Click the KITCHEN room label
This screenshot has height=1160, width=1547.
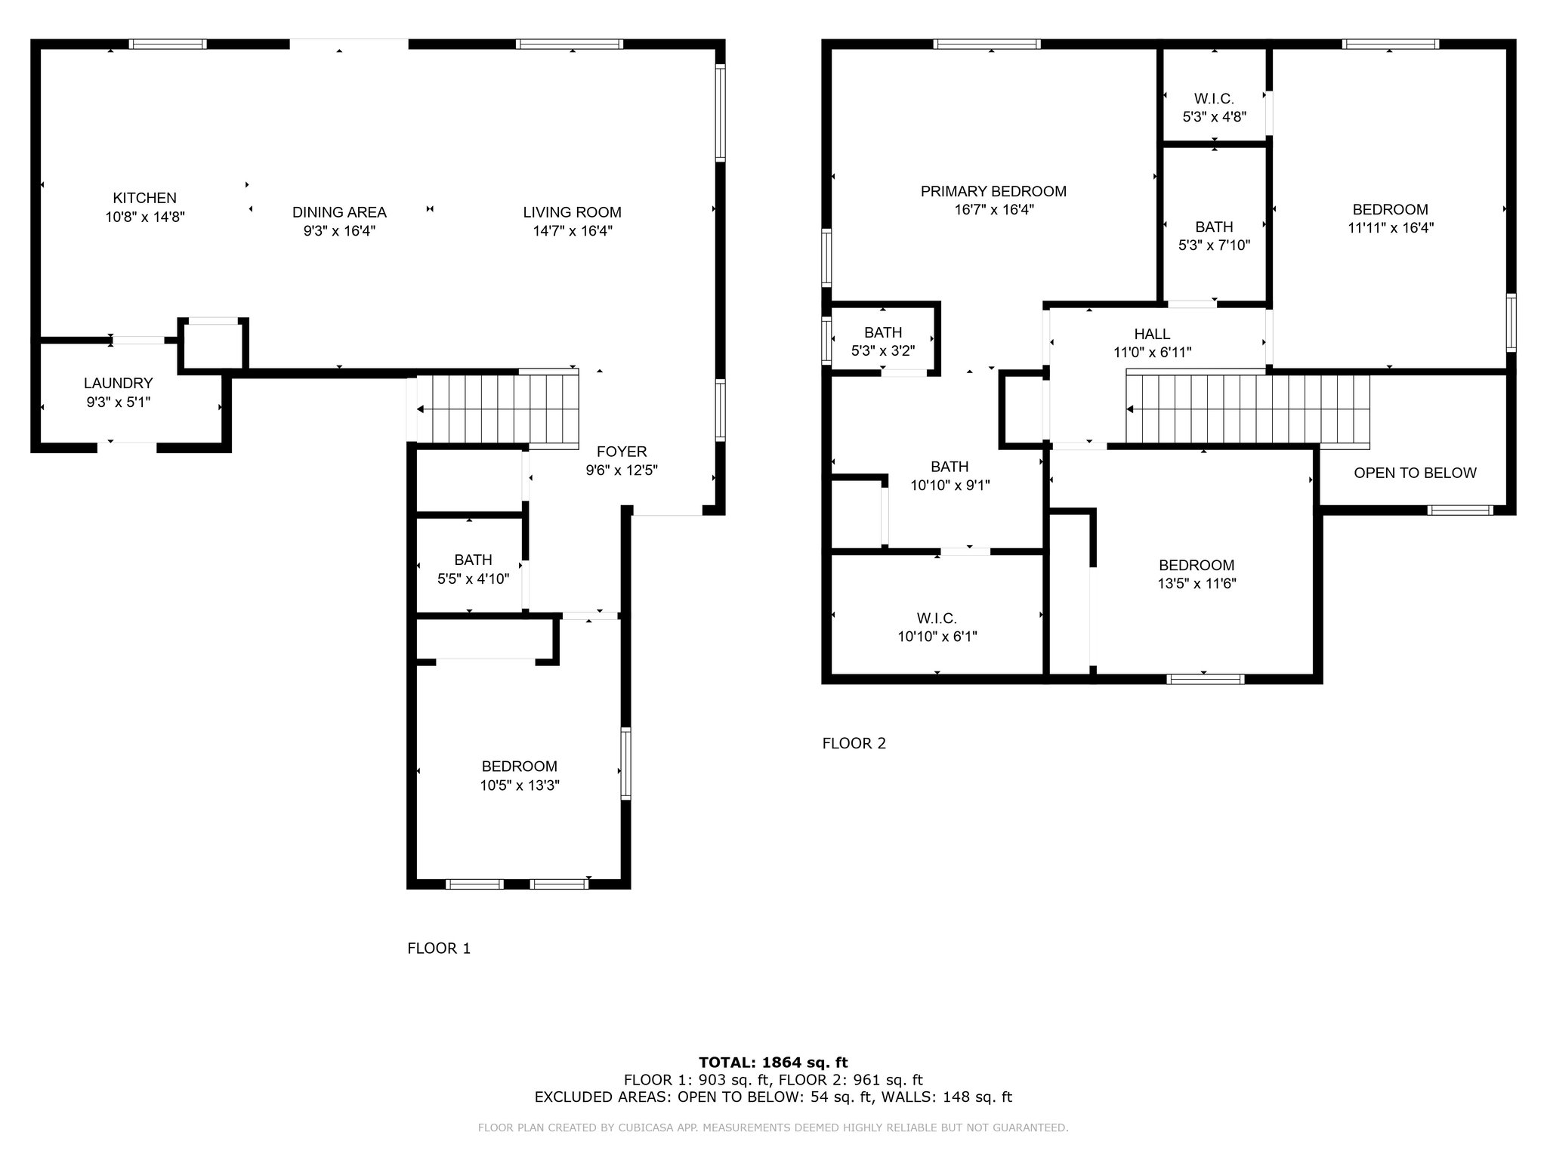(x=145, y=198)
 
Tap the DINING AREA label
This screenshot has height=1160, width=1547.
(x=339, y=212)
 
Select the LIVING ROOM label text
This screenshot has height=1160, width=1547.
(x=573, y=212)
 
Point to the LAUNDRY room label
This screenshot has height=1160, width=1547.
(x=119, y=383)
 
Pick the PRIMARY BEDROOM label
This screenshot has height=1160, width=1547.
(x=993, y=191)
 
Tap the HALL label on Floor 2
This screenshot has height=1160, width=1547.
(x=1152, y=334)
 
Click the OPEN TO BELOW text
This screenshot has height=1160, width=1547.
(x=1415, y=473)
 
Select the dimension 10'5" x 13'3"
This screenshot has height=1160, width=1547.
(x=520, y=785)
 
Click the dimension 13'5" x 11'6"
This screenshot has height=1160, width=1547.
(x=1197, y=583)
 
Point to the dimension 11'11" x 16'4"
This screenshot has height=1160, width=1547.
(x=1391, y=227)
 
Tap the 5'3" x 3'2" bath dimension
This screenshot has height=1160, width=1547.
(x=883, y=350)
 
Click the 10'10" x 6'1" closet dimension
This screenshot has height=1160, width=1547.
(x=937, y=637)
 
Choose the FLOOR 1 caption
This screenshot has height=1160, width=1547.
(x=439, y=949)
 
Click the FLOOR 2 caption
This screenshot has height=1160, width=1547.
(x=854, y=743)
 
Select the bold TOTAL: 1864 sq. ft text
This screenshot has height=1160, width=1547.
(x=773, y=1063)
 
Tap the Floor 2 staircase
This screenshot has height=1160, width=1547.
(x=1247, y=409)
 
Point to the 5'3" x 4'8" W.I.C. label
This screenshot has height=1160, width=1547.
(x=1214, y=117)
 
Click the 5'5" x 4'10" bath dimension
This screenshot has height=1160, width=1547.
(x=474, y=579)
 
